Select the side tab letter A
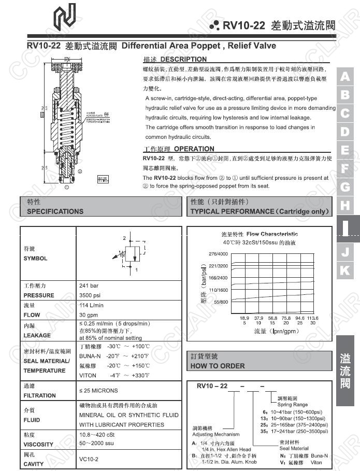coord(345,77)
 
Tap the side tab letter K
coord(345,270)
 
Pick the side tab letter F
coord(345,168)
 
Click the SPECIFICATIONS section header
coord(55,211)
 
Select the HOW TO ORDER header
coord(218,366)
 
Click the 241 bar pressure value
coord(89,286)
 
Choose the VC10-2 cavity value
coord(89,459)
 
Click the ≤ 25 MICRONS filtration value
coord(98,391)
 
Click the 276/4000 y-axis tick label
coord(218,254)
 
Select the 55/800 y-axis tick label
coord(220,302)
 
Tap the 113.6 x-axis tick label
coord(312,318)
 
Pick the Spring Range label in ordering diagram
coord(292,405)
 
